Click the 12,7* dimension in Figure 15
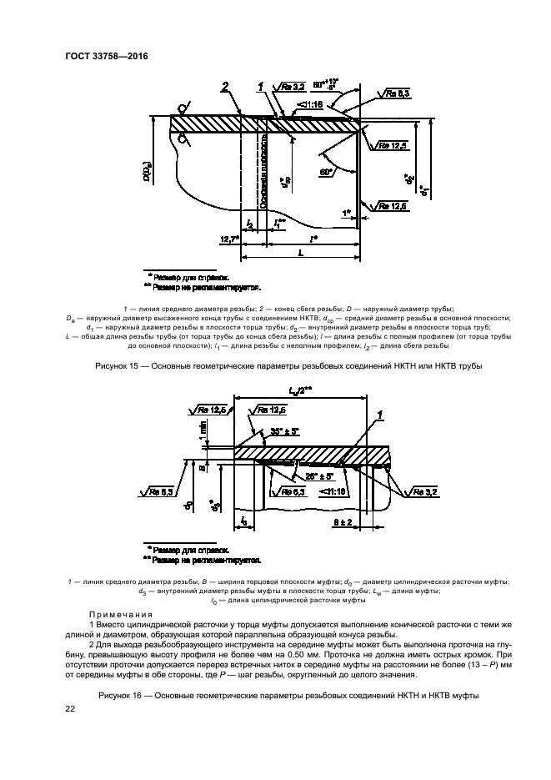pos(229,239)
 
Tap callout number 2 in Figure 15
pos(225,87)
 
